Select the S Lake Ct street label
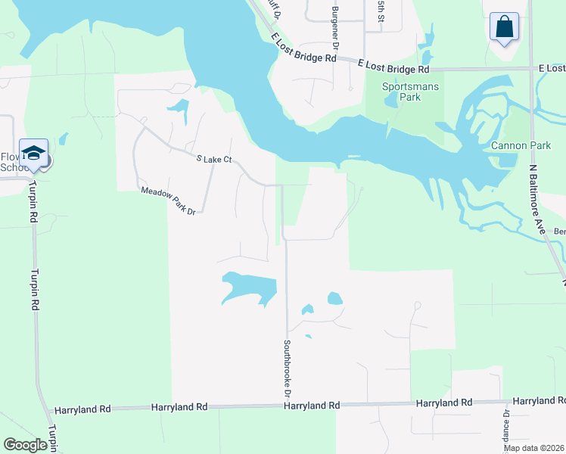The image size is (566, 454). (x=213, y=160)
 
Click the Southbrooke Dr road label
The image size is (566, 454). (x=288, y=367)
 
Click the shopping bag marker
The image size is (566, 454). (x=503, y=27)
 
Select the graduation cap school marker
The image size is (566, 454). (x=34, y=154)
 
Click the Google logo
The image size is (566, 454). (x=25, y=445)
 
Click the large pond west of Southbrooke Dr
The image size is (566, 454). (x=250, y=288)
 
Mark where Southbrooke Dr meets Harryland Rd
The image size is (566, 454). (x=287, y=406)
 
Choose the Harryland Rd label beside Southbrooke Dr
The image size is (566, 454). (x=311, y=406)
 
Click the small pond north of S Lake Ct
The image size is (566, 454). (x=179, y=109)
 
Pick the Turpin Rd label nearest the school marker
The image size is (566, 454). (x=34, y=204)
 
